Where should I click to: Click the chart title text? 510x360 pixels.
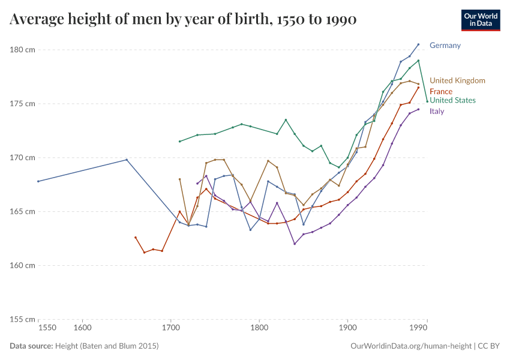click(x=183, y=20)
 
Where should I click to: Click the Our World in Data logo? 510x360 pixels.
click(x=480, y=20)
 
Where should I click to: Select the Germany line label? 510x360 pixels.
click(x=445, y=46)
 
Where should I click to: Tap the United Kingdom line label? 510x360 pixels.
click(x=457, y=80)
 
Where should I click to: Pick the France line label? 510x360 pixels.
click(x=441, y=91)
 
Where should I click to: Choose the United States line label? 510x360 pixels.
click(x=452, y=100)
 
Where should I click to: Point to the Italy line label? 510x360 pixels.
click(x=437, y=111)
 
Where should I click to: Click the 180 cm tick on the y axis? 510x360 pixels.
click(x=23, y=50)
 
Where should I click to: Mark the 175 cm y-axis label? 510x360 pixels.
click(x=23, y=104)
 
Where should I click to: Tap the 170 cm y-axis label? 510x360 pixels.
click(x=23, y=158)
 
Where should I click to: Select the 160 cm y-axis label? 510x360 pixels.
click(x=23, y=265)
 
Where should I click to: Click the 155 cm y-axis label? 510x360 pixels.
click(x=23, y=319)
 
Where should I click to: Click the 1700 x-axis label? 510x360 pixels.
click(x=171, y=328)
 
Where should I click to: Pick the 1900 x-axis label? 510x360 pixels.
click(x=347, y=328)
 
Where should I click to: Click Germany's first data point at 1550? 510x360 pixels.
click(x=38, y=181)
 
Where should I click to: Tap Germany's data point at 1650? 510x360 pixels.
click(x=127, y=160)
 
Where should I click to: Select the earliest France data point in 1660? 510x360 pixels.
click(x=136, y=238)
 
